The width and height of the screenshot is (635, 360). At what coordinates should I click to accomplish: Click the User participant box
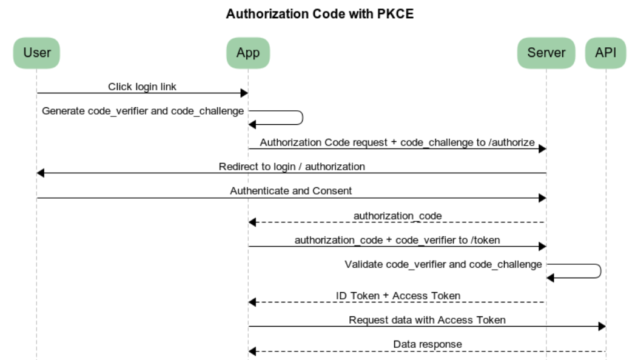point(36,53)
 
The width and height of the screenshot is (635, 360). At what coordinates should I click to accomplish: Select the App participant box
point(247,53)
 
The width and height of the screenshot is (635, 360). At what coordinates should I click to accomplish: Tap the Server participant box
point(546,53)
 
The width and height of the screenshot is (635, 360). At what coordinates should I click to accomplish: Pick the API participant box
point(605,53)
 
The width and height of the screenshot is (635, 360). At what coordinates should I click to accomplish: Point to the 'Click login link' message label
point(142,87)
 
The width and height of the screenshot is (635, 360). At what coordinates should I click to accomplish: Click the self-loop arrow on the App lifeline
point(301,118)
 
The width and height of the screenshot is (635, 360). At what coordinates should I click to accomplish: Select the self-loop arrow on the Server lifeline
point(599,271)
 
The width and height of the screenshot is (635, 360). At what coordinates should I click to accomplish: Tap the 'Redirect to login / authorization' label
point(292,166)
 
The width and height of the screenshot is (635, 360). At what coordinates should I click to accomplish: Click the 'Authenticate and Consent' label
point(291,191)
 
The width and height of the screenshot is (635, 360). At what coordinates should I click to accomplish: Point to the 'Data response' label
point(427,344)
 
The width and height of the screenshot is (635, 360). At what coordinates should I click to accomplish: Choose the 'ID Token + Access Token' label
point(398,296)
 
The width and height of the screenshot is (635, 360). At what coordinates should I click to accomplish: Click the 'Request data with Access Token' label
point(427,320)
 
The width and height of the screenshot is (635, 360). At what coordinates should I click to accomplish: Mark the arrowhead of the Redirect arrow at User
point(41,173)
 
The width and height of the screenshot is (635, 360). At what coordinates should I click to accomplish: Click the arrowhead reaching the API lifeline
point(602,327)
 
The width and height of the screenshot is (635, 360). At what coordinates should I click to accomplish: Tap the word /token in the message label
point(485,240)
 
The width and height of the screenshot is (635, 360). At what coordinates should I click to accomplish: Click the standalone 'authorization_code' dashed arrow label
point(397,216)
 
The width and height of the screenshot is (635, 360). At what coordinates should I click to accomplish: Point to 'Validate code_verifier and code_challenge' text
point(443,264)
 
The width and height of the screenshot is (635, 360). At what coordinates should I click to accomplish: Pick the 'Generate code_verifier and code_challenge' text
point(143,111)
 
